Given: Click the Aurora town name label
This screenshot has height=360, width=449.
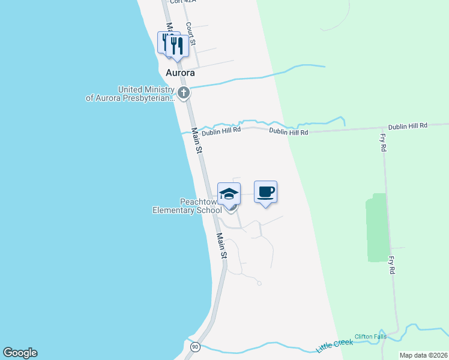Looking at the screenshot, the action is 180,73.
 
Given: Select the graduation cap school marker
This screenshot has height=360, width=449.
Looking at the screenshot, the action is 229,194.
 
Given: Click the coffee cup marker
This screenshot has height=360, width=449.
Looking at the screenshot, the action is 265,192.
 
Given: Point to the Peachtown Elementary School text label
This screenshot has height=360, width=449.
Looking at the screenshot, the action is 187,206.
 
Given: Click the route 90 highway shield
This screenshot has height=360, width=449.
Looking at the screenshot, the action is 194,347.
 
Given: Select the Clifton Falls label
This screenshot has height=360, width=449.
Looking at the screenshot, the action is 369,337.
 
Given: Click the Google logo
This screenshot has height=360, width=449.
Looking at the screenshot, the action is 20,353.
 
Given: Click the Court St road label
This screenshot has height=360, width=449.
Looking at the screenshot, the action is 190,34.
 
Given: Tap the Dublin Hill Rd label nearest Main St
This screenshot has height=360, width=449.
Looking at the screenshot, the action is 221,130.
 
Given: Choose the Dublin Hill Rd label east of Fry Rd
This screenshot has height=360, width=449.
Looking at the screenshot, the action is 407,126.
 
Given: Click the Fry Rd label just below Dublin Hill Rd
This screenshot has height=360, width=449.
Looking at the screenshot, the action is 382,142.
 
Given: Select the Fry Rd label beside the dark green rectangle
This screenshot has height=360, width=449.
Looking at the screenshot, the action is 391,265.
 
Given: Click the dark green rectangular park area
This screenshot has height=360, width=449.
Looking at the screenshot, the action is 376,228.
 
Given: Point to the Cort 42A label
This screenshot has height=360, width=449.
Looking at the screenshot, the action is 184,2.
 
